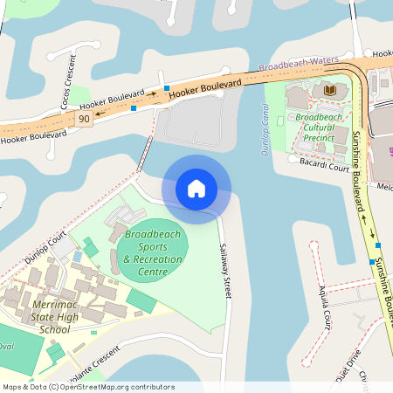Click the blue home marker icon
tap(196, 188)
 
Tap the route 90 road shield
tap(84, 119)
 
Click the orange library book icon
tap(330, 90)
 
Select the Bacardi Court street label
tap(324, 162)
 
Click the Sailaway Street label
tap(226, 272)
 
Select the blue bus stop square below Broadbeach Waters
tap(166, 88)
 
